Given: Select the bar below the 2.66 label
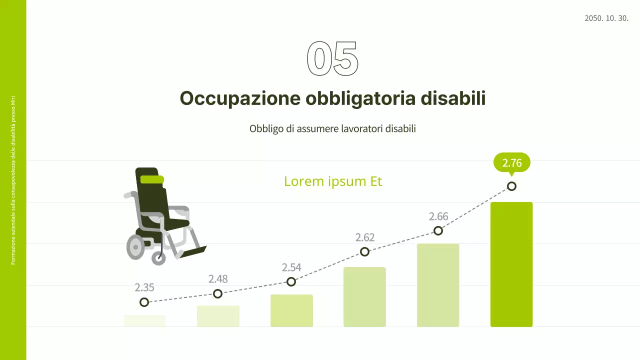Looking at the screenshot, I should click(438, 285).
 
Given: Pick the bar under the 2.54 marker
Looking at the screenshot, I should click(291, 310).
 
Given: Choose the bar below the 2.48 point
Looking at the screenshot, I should click(218, 316).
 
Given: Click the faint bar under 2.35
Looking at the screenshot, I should click(145, 320).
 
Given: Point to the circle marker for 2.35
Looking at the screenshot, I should click(144, 302).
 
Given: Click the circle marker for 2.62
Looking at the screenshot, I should click(365, 251).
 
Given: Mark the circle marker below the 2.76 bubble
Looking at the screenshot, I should click(511, 186).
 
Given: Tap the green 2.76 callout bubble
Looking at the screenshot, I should click(511, 162).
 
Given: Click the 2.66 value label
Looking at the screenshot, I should click(438, 216).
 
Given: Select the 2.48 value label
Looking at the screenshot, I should click(218, 278).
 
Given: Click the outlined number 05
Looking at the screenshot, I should click(332, 58).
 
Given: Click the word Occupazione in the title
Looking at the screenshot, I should click(239, 98).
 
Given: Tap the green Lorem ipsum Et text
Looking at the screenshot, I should click(333, 181).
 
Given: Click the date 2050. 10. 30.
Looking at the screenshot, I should click(606, 18).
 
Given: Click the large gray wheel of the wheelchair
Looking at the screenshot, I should click(135, 247).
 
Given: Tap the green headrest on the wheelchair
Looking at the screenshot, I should click(152, 179).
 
